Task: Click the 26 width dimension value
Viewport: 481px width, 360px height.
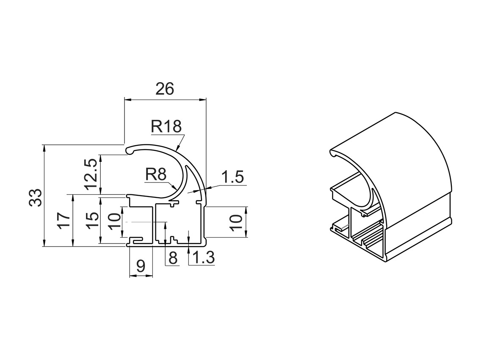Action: [165, 89]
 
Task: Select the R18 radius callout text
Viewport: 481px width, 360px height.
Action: [166, 126]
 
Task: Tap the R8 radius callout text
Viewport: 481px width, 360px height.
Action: [156, 174]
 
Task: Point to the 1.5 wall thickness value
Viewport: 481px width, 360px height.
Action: [233, 177]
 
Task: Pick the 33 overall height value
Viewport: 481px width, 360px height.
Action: [36, 197]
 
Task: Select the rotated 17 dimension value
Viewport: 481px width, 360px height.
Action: [64, 221]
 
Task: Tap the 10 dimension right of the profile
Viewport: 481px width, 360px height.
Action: [238, 222]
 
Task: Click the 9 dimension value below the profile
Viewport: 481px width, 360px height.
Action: [141, 266]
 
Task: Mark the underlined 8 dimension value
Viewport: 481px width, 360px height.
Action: [173, 258]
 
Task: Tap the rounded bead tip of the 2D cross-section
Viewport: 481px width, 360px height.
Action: [130, 150]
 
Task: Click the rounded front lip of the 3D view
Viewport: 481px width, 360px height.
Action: [333, 153]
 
